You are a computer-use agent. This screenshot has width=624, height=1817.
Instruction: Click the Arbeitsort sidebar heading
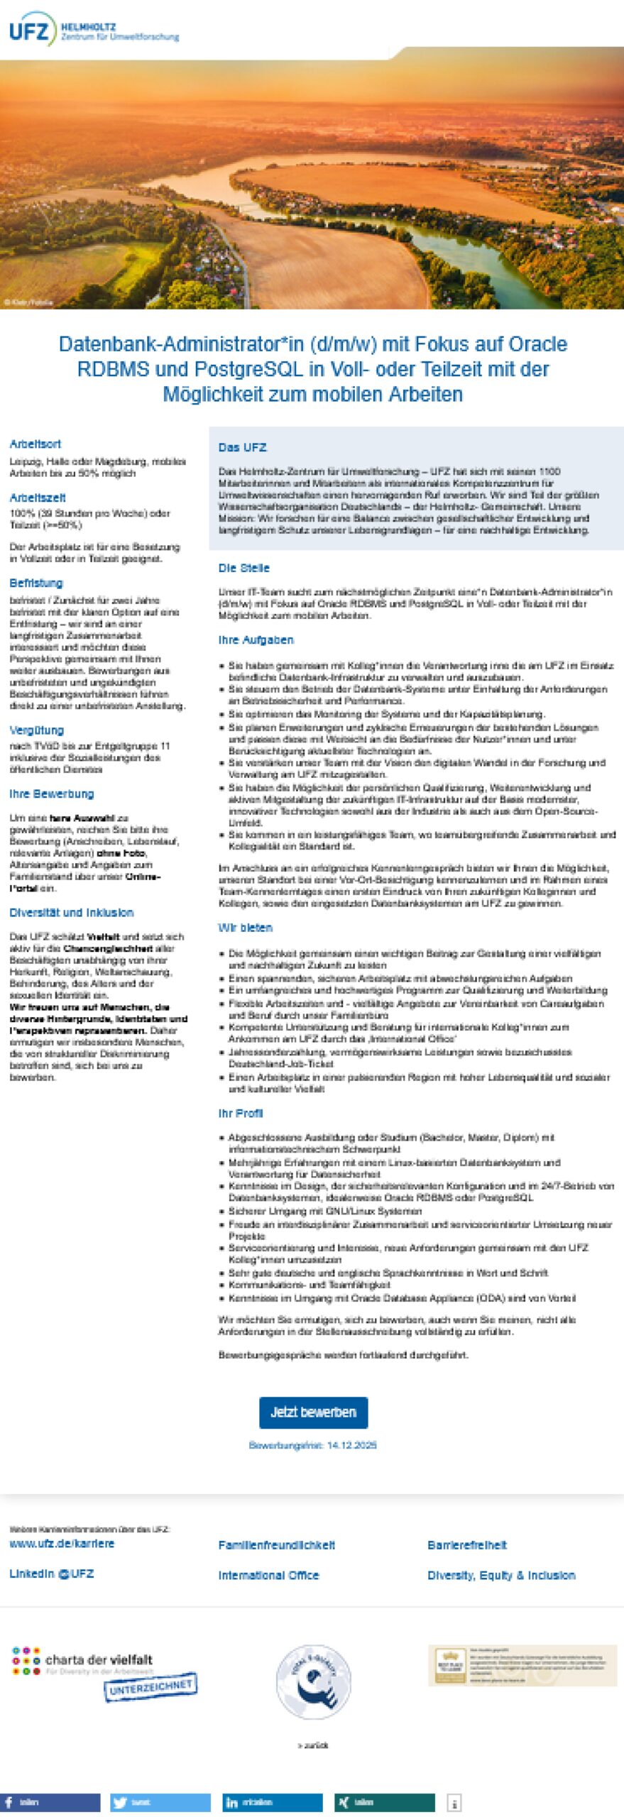[35, 444]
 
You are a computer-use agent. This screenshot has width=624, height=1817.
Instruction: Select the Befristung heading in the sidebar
[35, 583]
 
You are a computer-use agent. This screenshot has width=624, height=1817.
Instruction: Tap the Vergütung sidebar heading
[36, 730]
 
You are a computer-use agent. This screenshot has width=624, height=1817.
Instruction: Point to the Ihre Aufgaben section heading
[256, 639]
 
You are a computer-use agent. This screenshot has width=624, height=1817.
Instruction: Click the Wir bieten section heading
[245, 927]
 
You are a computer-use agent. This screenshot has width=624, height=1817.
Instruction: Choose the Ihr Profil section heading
[240, 1113]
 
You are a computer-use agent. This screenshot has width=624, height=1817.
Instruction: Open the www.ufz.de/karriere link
[62, 1543]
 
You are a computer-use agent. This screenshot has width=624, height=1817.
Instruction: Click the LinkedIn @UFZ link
[51, 1574]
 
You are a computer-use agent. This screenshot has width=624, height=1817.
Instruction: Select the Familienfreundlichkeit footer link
[276, 1545]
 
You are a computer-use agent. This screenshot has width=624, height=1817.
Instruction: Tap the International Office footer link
[268, 1575]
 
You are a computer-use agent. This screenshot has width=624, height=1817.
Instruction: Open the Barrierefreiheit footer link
[466, 1545]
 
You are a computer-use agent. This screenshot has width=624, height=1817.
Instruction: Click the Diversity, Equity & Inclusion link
[501, 1575]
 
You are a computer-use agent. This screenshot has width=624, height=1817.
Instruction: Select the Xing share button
[384, 1802]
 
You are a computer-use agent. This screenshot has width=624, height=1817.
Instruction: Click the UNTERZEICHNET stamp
[150, 1687]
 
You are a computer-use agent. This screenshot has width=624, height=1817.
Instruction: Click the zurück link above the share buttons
[312, 1745]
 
